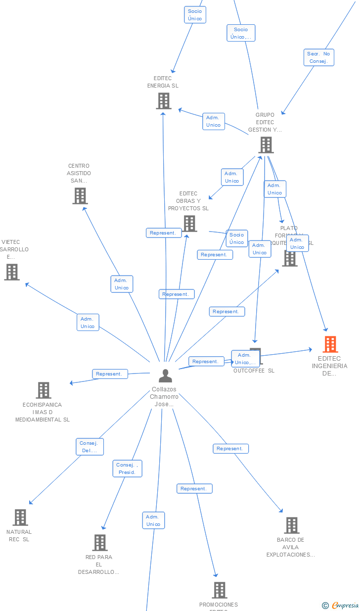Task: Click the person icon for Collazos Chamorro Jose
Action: [165, 376]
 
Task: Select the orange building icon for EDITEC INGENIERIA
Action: [330, 344]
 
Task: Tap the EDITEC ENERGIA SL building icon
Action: [163, 101]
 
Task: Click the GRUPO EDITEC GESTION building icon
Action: [266, 145]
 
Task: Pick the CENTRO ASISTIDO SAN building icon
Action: [80, 196]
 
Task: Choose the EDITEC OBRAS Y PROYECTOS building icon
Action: [189, 224]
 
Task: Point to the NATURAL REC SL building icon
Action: [20, 517]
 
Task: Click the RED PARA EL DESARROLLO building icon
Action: [100, 543]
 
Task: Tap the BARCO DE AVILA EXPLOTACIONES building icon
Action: [292, 525]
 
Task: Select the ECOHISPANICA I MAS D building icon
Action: [44, 390]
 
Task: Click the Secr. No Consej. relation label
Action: [319, 57]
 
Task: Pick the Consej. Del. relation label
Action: [90, 447]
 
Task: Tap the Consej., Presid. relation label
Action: [128, 469]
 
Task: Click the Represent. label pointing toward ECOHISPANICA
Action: [110, 374]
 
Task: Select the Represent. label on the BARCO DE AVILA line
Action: [230, 449]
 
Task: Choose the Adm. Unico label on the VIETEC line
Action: [88, 323]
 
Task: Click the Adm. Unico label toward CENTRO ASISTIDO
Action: [122, 284]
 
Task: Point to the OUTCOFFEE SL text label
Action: [254, 371]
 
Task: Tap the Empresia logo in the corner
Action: [341, 605]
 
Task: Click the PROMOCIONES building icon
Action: [220, 590]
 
